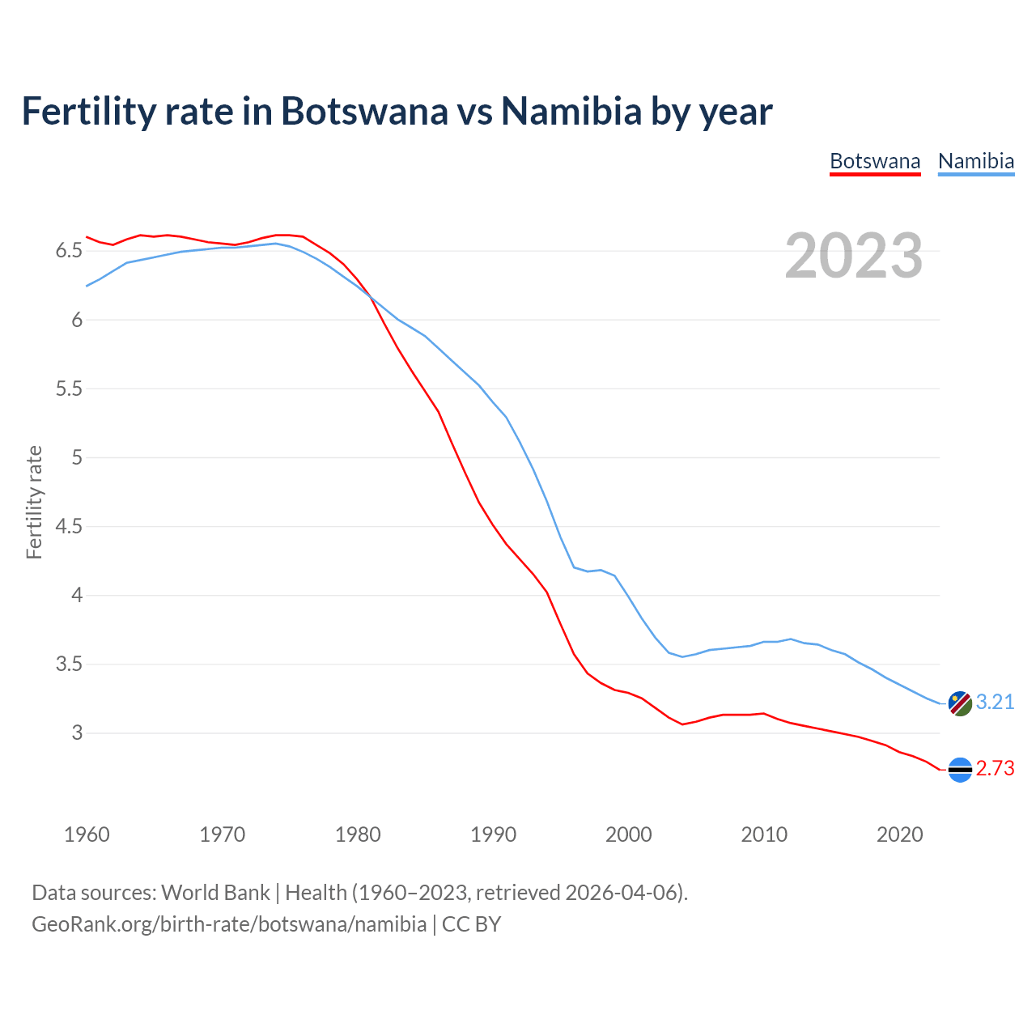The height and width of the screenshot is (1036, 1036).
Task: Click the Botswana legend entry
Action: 875,161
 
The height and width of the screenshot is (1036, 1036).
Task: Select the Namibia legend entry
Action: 976,161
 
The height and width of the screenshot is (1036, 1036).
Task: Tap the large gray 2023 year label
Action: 854,256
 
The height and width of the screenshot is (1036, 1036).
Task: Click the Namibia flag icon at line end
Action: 959,703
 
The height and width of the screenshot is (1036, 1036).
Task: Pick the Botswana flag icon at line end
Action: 959,770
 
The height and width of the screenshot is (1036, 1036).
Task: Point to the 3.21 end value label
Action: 995,702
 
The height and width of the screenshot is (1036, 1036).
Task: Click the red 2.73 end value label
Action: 995,768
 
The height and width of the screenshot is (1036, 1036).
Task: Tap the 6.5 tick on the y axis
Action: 69,251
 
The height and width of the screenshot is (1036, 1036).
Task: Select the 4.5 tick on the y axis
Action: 69,527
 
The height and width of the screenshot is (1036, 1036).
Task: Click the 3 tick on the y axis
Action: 77,733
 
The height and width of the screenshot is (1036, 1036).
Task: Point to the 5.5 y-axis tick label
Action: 69,389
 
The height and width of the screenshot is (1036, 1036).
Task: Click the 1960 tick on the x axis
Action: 87,834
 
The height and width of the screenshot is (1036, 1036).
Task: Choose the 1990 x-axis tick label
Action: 493,834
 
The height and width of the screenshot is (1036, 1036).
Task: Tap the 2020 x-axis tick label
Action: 899,834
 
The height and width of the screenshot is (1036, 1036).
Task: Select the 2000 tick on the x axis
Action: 629,834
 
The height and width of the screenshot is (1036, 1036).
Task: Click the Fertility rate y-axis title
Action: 34,502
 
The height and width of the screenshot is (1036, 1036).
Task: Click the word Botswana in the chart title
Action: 364,111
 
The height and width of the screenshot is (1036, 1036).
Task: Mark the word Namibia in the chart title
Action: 571,111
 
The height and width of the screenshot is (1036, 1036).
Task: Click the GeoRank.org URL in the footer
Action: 229,923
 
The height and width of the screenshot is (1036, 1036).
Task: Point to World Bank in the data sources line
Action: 215,893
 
